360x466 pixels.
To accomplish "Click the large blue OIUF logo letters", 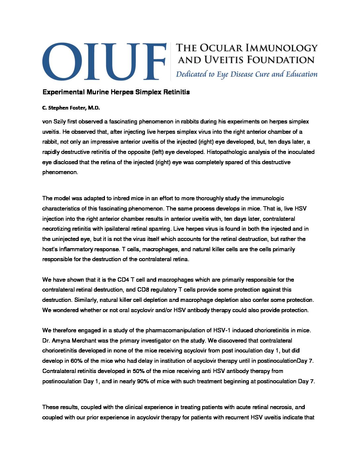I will click(x=104, y=61).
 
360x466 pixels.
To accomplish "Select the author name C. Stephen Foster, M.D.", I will click(x=71, y=108).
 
